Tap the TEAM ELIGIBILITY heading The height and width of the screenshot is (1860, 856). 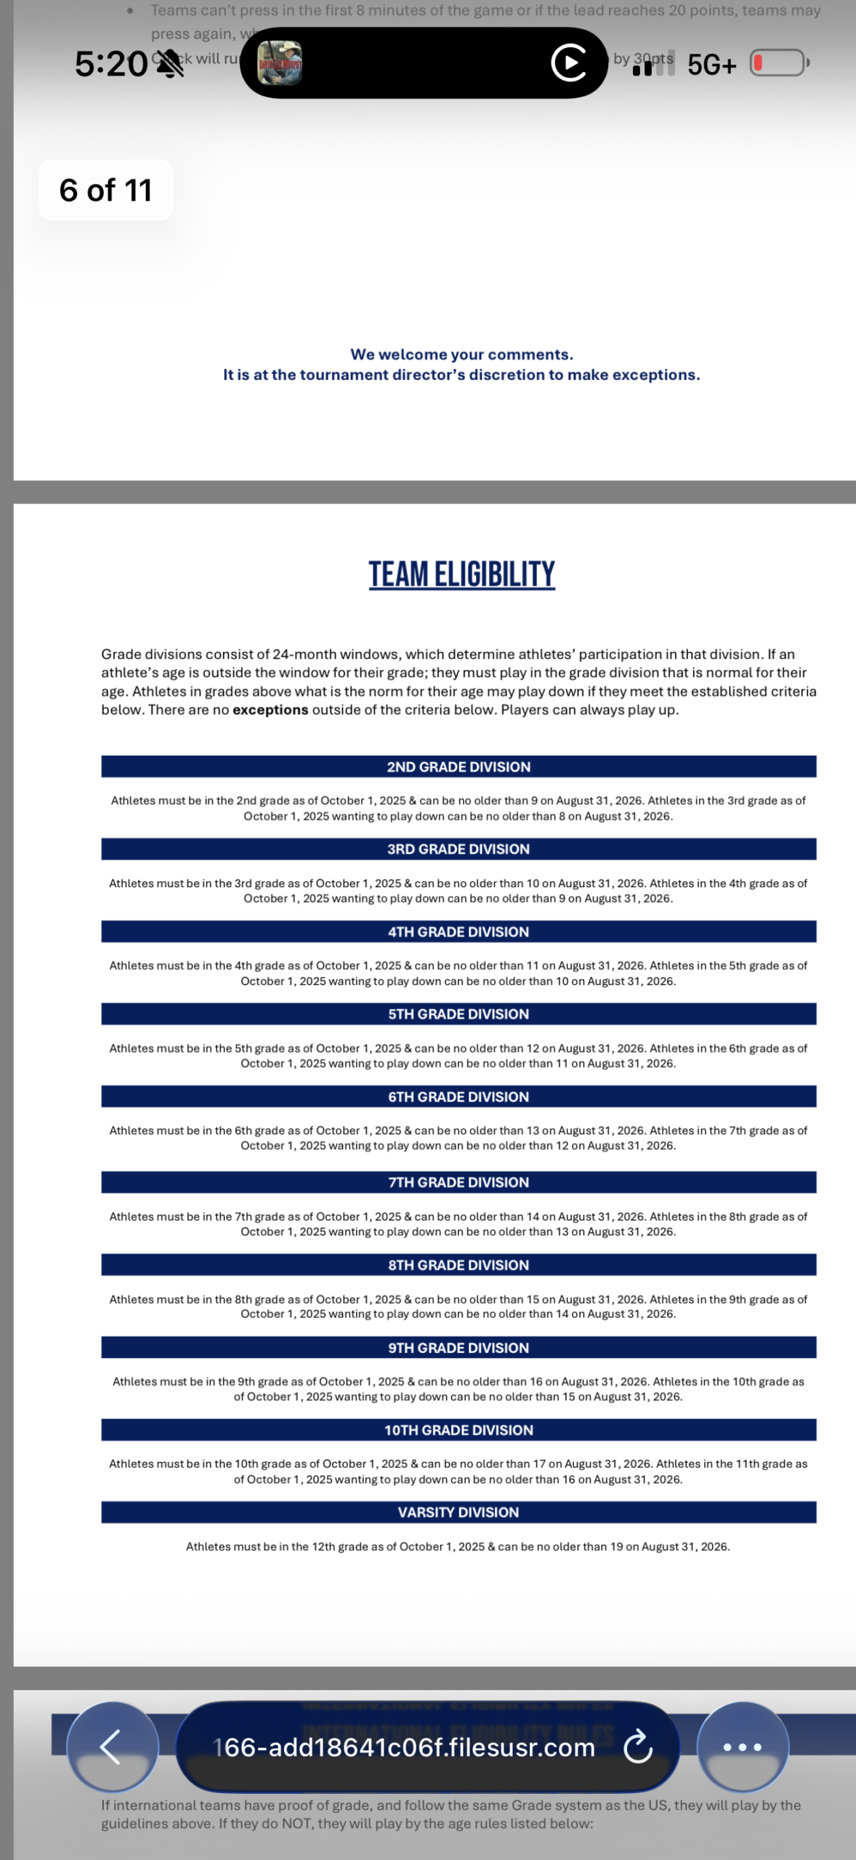coord(461,574)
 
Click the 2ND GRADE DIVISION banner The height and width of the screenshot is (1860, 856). coord(459,767)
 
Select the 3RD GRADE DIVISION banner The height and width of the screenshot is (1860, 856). coord(459,849)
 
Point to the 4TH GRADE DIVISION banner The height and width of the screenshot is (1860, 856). coord(459,931)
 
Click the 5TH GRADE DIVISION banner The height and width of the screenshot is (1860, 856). coord(459,1014)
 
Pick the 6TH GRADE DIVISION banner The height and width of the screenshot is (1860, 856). coord(459,1096)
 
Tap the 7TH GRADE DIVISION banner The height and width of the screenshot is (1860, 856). coord(459,1182)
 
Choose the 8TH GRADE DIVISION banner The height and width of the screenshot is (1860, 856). coord(459,1265)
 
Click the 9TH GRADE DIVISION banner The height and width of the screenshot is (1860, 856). coord(459,1348)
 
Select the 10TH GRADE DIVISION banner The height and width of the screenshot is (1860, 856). coord(459,1430)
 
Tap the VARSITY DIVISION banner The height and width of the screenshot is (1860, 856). coord(459,1512)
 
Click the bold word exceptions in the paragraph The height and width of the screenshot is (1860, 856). coord(270,710)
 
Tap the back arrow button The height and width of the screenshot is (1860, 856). coord(112,1747)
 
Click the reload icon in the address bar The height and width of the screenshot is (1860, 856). coord(638,1747)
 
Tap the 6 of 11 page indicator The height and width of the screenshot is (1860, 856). coord(105,190)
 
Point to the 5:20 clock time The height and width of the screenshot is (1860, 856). coord(111,65)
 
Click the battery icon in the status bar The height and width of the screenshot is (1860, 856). coord(778,63)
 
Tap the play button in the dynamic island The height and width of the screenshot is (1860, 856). coord(569,63)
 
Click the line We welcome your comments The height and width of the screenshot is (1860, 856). coord(461,355)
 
